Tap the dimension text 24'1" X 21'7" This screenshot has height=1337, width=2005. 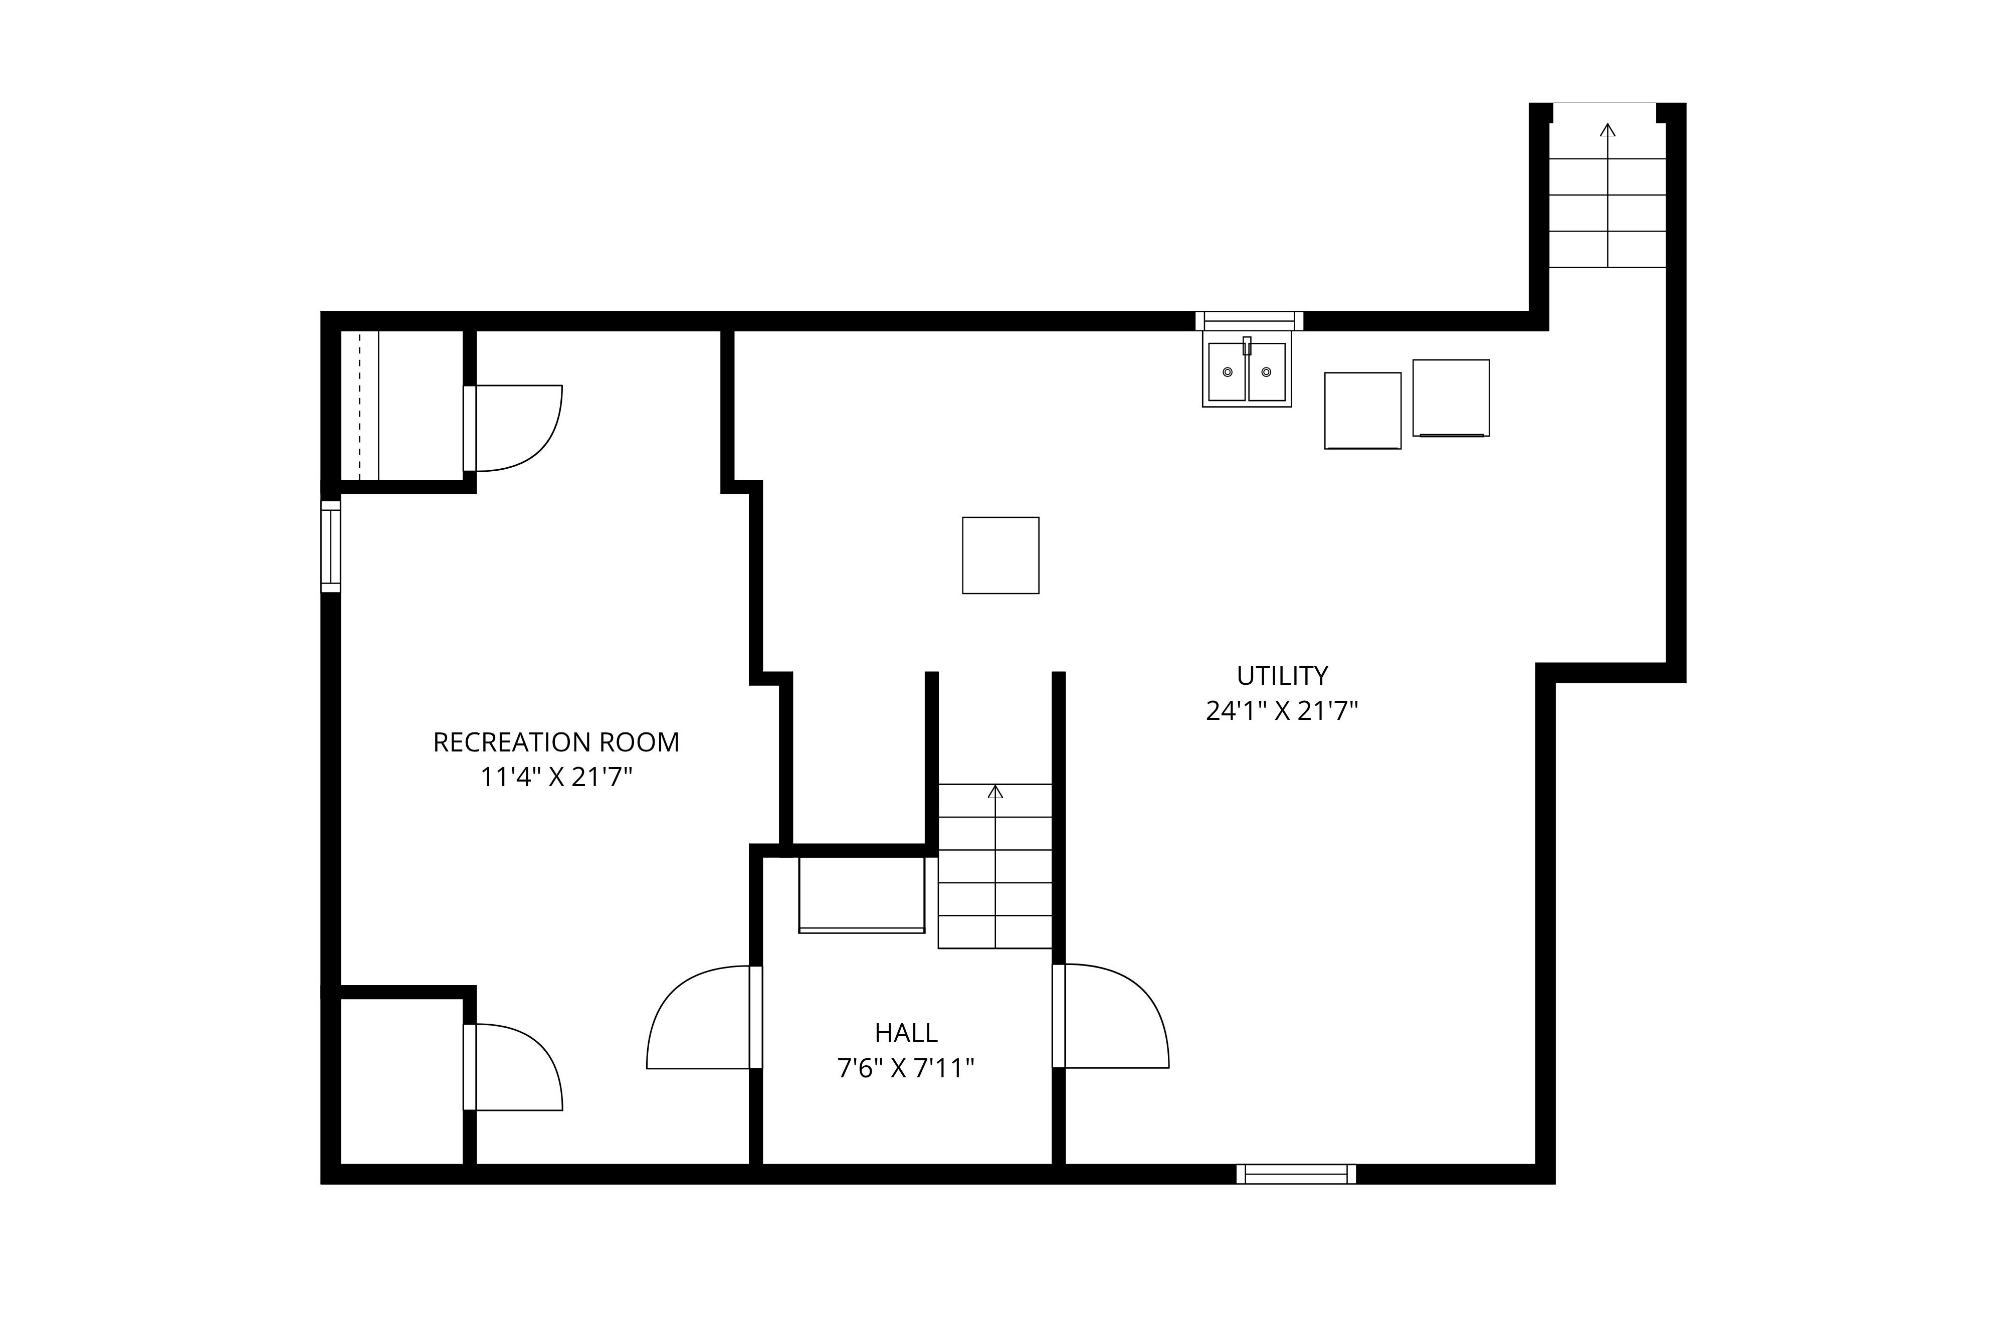click(x=1282, y=711)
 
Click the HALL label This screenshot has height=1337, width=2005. click(x=906, y=1033)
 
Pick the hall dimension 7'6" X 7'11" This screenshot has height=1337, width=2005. click(x=906, y=1068)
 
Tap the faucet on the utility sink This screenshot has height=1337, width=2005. click(x=1247, y=345)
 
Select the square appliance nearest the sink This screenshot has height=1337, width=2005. click(x=1363, y=411)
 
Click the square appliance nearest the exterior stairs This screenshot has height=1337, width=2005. click(x=1451, y=398)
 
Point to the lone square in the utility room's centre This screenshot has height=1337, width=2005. click(x=1001, y=555)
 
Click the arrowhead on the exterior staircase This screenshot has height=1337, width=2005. click(x=1608, y=130)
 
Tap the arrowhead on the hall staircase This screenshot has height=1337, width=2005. click(x=995, y=792)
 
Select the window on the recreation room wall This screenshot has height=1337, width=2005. click(x=331, y=546)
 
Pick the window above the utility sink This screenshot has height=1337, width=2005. click(x=1250, y=321)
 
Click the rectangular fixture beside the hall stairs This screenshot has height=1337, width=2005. click(x=862, y=894)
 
